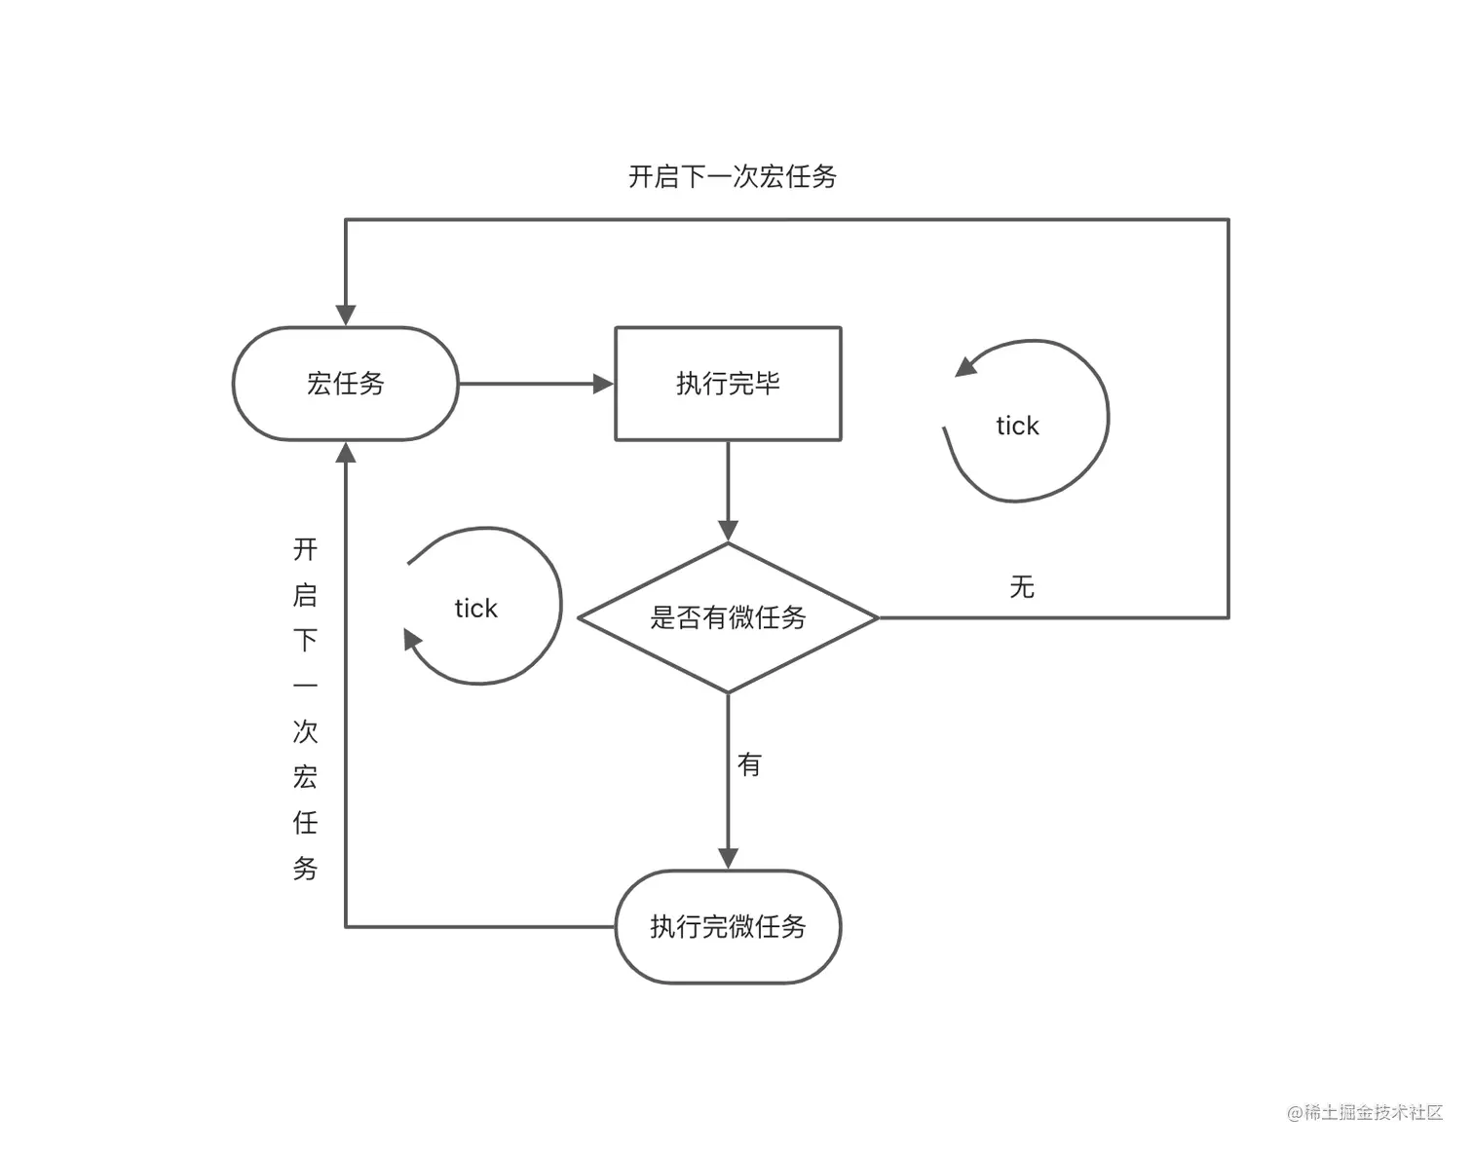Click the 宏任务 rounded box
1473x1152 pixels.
tap(345, 384)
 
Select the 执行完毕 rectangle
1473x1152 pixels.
tap(728, 384)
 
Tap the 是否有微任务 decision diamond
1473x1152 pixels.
tap(728, 617)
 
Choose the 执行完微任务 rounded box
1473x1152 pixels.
tap(728, 926)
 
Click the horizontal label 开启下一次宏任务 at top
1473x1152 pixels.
tap(733, 176)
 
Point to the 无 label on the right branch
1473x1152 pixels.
tap(1022, 586)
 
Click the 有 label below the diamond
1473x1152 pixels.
tap(749, 764)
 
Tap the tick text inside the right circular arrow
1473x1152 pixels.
tap(1017, 426)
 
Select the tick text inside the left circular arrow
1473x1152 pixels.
tap(475, 609)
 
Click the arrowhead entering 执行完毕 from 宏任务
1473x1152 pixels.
tap(604, 384)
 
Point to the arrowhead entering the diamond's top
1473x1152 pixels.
tap(728, 532)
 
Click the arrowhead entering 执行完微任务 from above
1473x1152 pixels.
tap(728, 858)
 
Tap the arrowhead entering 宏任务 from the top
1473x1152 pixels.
tap(346, 315)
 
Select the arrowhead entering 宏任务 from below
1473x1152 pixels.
tap(346, 453)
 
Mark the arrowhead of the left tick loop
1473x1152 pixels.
tap(412, 640)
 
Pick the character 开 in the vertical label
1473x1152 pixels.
tap(306, 549)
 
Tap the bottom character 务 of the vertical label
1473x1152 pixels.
tap(306, 869)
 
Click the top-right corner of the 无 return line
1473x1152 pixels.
tap(1228, 220)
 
